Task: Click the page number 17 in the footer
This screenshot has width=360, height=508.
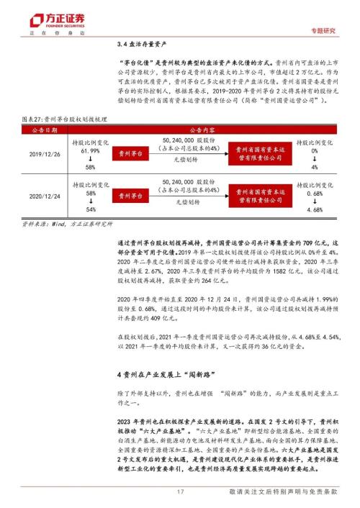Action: click(180, 491)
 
